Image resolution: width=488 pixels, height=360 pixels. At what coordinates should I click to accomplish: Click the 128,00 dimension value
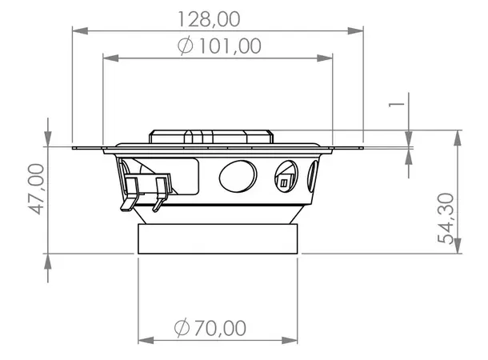tap(218, 18)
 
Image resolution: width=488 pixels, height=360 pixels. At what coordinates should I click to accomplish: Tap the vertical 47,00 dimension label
tap(34, 190)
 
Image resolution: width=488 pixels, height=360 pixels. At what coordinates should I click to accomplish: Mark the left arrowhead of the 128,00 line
tap(78, 31)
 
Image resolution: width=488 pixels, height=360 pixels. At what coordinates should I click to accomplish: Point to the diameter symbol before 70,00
tap(181, 327)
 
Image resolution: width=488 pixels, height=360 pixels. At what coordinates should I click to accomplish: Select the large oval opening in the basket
tap(238, 176)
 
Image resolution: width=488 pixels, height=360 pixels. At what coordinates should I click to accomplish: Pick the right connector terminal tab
tap(159, 192)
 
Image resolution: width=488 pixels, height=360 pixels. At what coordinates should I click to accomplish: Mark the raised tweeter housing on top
tap(212, 136)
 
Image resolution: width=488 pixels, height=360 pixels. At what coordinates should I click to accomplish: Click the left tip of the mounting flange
tap(74, 147)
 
